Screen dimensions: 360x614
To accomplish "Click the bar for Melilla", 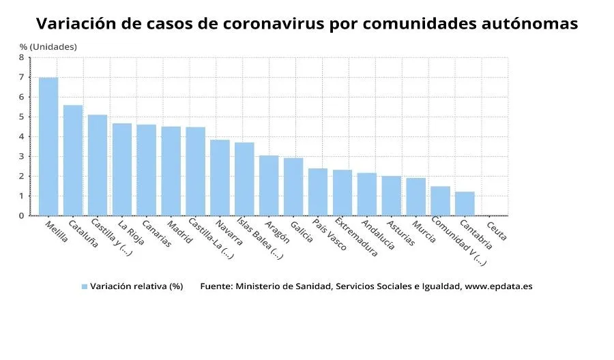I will (48, 147).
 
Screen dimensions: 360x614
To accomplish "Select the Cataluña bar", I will (73, 160).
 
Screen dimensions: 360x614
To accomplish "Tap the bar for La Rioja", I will (122, 169).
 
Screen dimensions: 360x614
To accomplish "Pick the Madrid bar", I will (171, 171).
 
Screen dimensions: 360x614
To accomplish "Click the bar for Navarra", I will (220, 177).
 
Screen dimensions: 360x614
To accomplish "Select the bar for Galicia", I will (293, 187).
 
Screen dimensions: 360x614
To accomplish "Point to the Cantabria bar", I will (465, 203).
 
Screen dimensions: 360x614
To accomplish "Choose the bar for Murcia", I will (415, 196).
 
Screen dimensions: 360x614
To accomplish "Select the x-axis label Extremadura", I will (355, 238).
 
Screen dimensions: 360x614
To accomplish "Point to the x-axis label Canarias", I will (156, 234).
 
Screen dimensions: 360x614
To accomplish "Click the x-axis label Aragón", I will (277, 232).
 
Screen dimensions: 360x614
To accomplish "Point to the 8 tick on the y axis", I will (21, 58).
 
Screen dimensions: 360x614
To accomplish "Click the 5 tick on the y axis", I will (21, 117).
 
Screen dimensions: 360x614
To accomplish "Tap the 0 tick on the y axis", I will (21, 215).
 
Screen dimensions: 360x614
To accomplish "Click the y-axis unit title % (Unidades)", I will (48, 46).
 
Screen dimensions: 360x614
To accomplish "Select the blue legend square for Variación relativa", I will (85, 287).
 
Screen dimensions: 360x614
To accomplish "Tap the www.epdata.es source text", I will (498, 286).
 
